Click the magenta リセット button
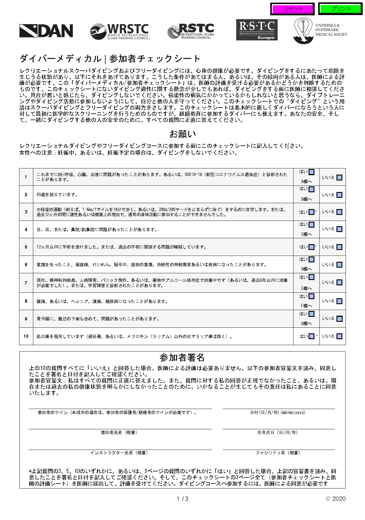coord(293,9)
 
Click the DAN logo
coord(46,31)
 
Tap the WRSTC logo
coord(120,32)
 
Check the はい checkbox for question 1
coord(311,172)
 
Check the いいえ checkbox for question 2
coord(339,195)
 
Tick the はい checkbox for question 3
coord(311,212)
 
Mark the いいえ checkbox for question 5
coord(339,247)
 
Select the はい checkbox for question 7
coord(311,277)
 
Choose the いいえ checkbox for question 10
coord(339,336)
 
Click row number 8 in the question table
coord(26,301)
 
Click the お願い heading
coord(182,134)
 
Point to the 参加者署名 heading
coord(182,357)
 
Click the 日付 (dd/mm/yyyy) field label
coord(277,413)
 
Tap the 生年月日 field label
coord(277,433)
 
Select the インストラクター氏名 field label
coord(119,453)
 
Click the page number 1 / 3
coord(182,499)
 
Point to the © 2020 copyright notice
coord(336,499)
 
